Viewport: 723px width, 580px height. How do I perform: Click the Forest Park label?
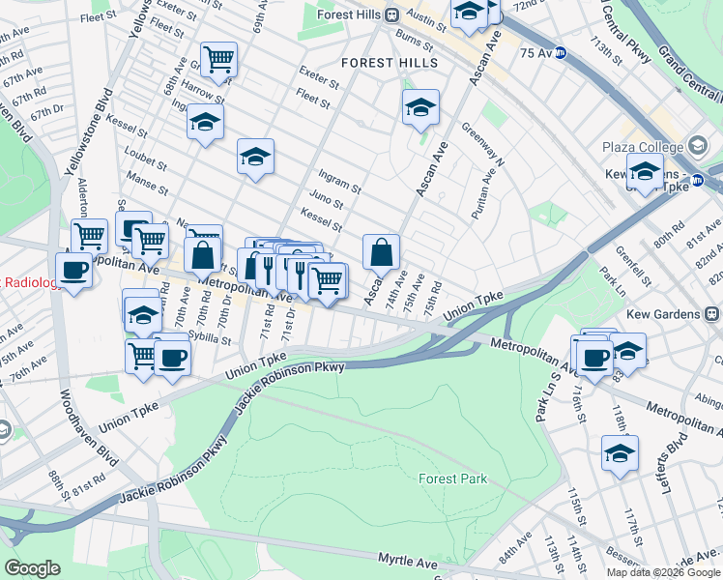tap(453, 478)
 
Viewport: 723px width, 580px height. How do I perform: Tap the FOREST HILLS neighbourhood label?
tap(390, 63)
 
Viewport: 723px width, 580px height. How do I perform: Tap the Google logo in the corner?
tap(32, 568)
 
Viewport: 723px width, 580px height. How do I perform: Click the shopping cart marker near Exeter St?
tap(219, 60)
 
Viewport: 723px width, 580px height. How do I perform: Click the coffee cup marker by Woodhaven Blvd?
tap(73, 270)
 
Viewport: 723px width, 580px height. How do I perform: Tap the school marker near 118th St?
tap(620, 452)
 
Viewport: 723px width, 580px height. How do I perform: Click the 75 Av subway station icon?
tap(561, 54)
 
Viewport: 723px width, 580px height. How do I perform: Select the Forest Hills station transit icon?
tap(392, 14)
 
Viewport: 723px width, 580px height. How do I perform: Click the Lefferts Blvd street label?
tap(681, 448)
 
